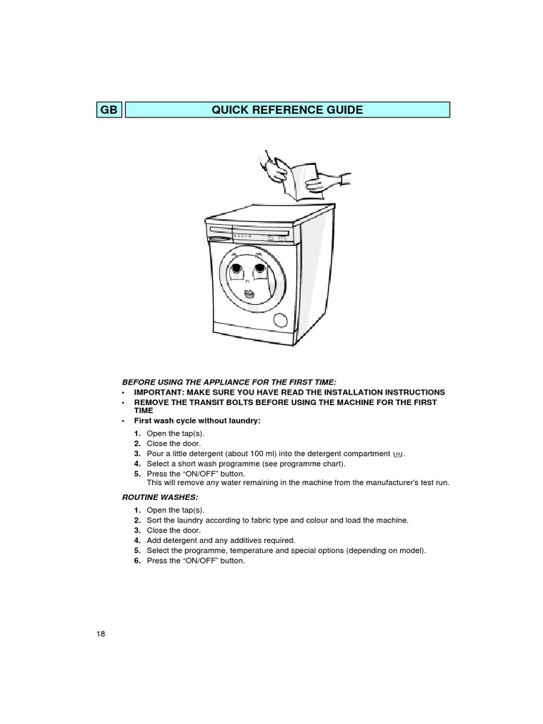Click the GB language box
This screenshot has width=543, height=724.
pyautogui.click(x=110, y=110)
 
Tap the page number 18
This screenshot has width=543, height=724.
pyautogui.click(x=101, y=633)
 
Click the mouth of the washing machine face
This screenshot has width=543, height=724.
pyautogui.click(x=249, y=293)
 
